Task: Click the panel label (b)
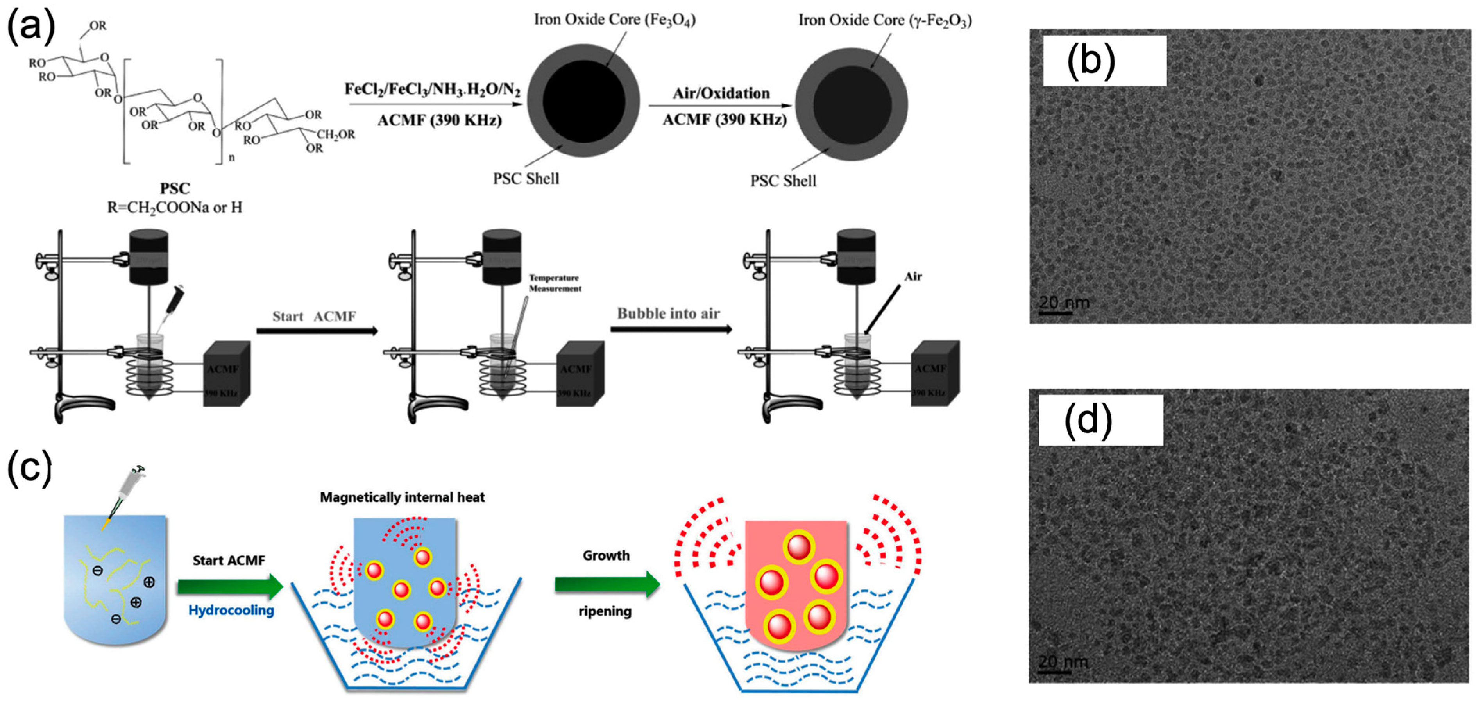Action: (x=1090, y=61)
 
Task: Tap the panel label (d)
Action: (x=1088, y=420)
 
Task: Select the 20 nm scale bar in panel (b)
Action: (x=1056, y=312)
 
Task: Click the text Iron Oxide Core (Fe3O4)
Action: (x=614, y=20)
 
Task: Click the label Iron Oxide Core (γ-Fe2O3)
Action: (x=885, y=21)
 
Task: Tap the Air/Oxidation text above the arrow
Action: (x=721, y=93)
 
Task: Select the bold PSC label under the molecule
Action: (x=175, y=188)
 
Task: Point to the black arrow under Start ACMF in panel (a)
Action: (x=317, y=331)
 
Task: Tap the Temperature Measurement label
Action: (x=555, y=283)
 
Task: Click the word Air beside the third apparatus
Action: (x=913, y=277)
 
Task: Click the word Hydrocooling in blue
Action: (x=231, y=610)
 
